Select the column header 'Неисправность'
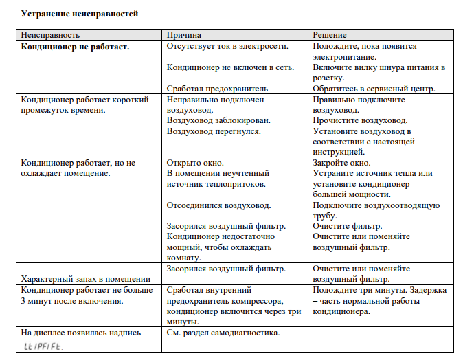pos(51,34)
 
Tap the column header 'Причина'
pos(183,34)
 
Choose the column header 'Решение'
pos(330,34)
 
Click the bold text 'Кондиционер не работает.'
pos(76,46)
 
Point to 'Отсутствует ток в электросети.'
pos(227,46)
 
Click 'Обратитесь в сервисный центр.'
pos(374,89)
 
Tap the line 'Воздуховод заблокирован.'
pos(218,120)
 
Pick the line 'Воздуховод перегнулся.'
pos(213,131)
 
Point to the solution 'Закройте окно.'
pos(341,163)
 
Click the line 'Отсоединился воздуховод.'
pos(218,205)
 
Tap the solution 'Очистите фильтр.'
pos(347,226)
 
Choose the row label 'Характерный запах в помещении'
pos(86,279)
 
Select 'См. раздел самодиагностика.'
pos(223,333)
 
